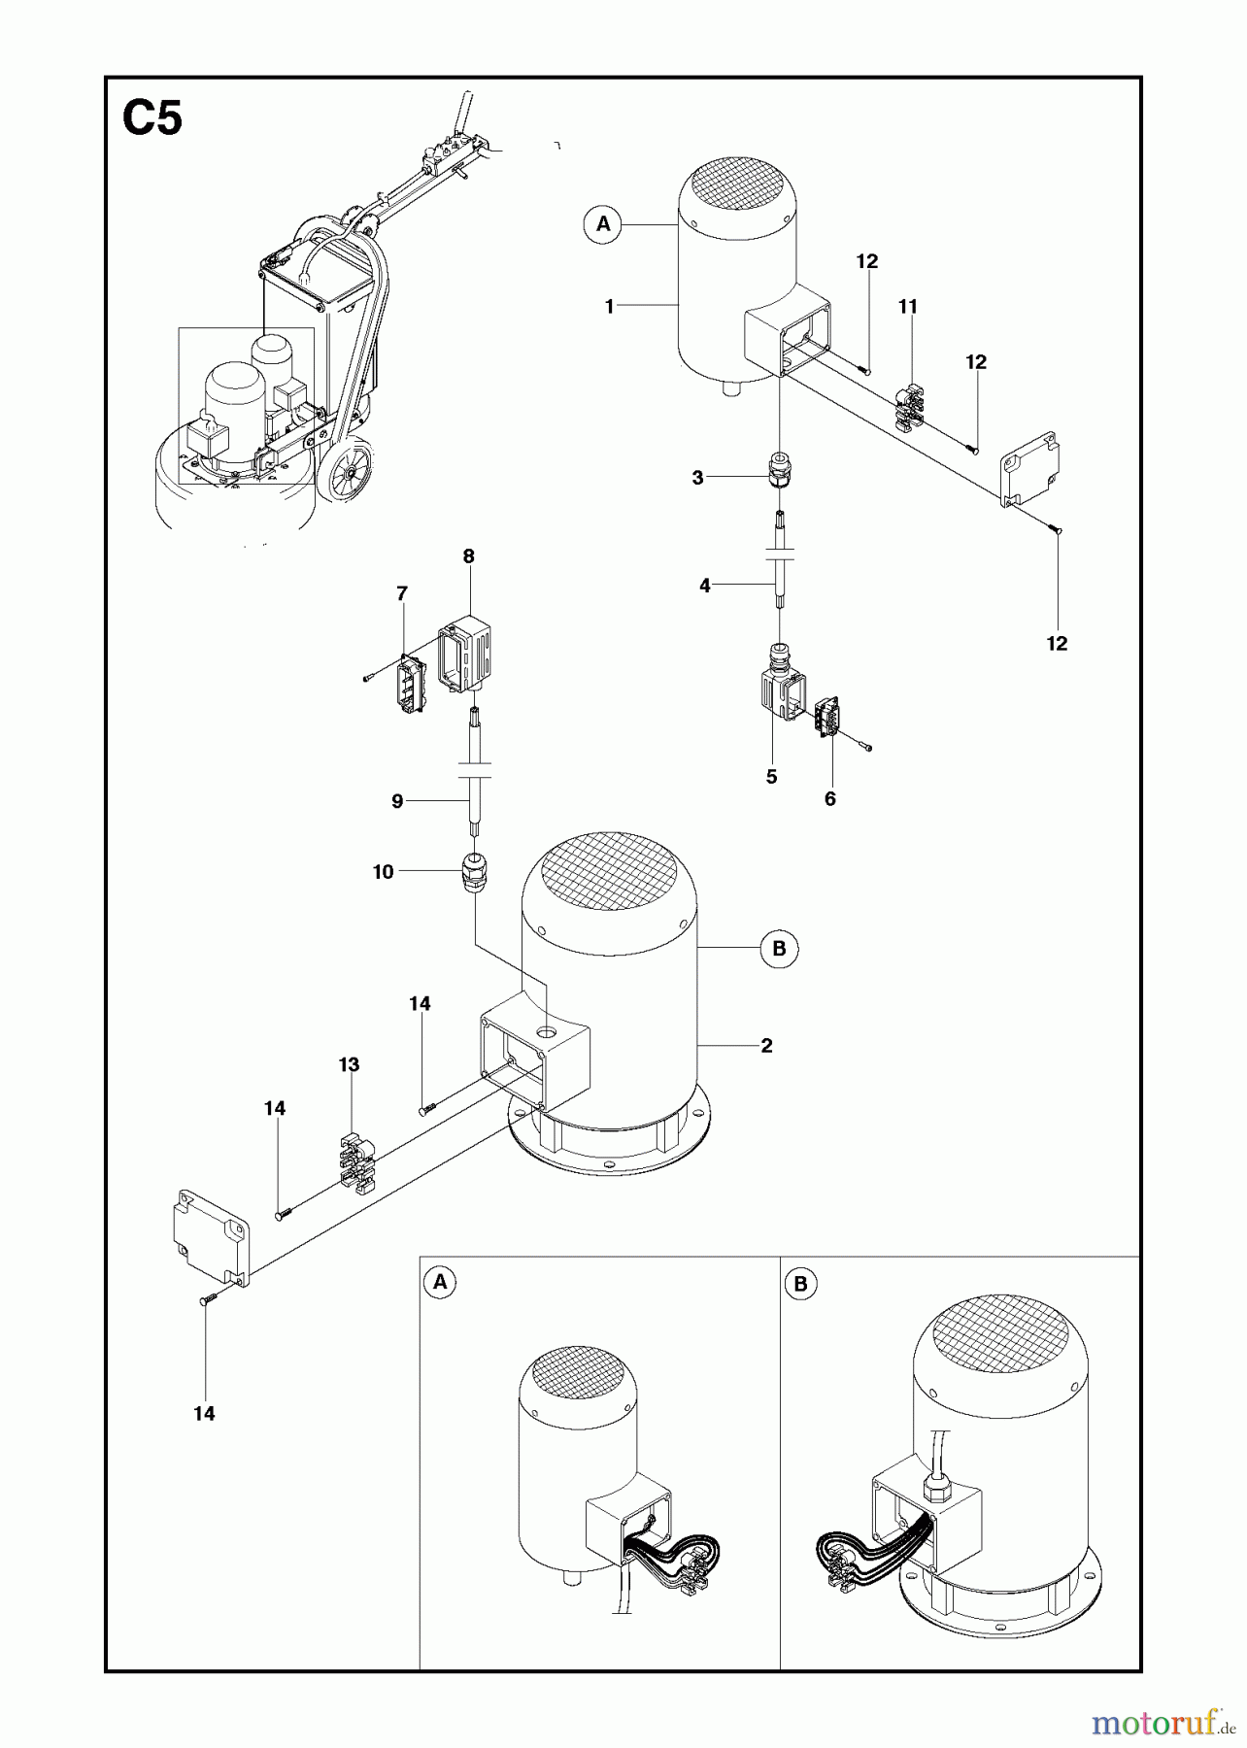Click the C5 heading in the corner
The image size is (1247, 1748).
click(x=152, y=120)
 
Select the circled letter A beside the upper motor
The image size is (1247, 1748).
click(x=603, y=224)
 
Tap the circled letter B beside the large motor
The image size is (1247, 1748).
click(x=779, y=948)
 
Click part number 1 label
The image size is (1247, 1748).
click(x=610, y=307)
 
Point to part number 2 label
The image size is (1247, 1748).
click(x=766, y=1046)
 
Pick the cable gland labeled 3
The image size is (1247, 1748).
click(x=779, y=470)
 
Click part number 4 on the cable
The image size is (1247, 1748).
click(x=705, y=586)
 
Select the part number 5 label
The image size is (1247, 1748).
click(x=771, y=777)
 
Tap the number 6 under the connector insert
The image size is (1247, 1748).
click(x=829, y=798)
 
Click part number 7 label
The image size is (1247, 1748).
click(x=402, y=593)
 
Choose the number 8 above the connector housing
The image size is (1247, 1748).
click(x=469, y=556)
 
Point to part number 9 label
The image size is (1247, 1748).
click(x=397, y=801)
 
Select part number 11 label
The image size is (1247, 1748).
click(x=907, y=307)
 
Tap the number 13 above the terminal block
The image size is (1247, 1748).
click(x=349, y=1064)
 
